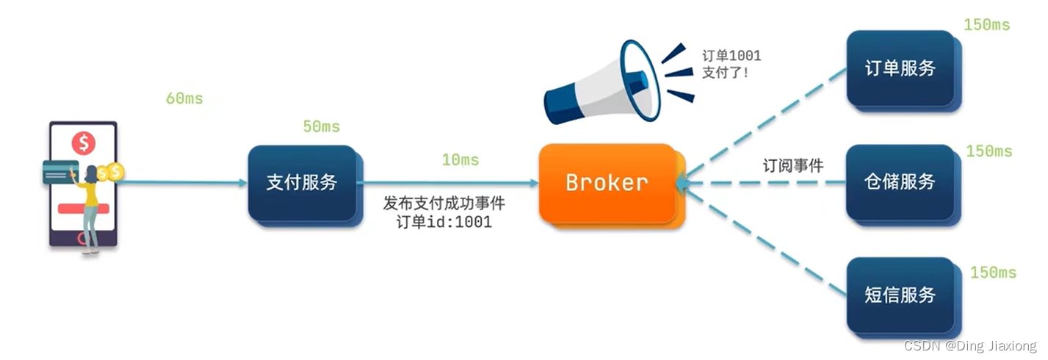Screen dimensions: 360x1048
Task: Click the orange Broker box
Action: (x=607, y=183)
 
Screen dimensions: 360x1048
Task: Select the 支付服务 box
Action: (x=302, y=183)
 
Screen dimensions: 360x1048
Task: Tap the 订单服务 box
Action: (x=900, y=68)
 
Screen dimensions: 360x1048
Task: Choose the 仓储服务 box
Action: (x=900, y=181)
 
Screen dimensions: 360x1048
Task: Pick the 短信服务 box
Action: (x=900, y=295)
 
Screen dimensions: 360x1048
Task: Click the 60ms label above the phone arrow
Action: (x=184, y=98)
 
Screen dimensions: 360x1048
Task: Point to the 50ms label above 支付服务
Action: (x=321, y=127)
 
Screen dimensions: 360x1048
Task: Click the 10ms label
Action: (x=460, y=160)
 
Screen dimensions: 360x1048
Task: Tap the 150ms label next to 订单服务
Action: (x=986, y=26)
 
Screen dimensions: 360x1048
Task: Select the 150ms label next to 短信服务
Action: (x=993, y=273)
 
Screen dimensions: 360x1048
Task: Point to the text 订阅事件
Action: (x=792, y=166)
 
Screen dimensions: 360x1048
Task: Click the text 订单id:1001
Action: (x=444, y=222)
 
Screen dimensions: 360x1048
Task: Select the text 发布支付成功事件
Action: (x=444, y=204)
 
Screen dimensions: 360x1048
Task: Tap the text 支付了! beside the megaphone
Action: (x=725, y=73)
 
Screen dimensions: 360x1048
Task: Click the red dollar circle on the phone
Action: (x=84, y=143)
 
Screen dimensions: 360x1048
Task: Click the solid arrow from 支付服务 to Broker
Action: (x=448, y=182)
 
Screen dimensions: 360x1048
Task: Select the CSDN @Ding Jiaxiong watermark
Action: (x=969, y=346)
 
